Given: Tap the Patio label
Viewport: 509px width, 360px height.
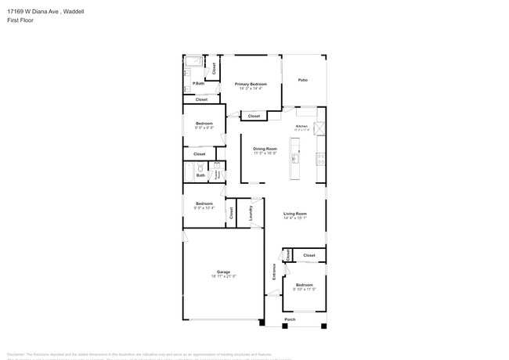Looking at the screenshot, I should [302, 80].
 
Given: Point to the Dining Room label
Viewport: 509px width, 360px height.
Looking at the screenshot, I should [265, 148].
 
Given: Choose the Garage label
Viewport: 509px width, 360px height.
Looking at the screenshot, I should [223, 272].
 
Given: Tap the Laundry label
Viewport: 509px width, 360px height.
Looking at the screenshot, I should [251, 212].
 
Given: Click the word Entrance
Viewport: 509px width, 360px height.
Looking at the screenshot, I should [274, 272].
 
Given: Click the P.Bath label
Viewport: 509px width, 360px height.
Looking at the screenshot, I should [199, 84].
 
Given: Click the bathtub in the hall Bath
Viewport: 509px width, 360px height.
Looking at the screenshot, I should [189, 172].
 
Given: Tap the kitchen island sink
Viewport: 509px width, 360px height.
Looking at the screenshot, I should [295, 159].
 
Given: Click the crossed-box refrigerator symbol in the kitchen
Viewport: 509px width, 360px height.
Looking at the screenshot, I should [319, 129].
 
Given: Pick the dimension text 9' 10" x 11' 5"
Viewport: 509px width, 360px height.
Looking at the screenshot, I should [304, 290].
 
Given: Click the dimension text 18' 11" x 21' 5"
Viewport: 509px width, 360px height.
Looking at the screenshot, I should [223, 276].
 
